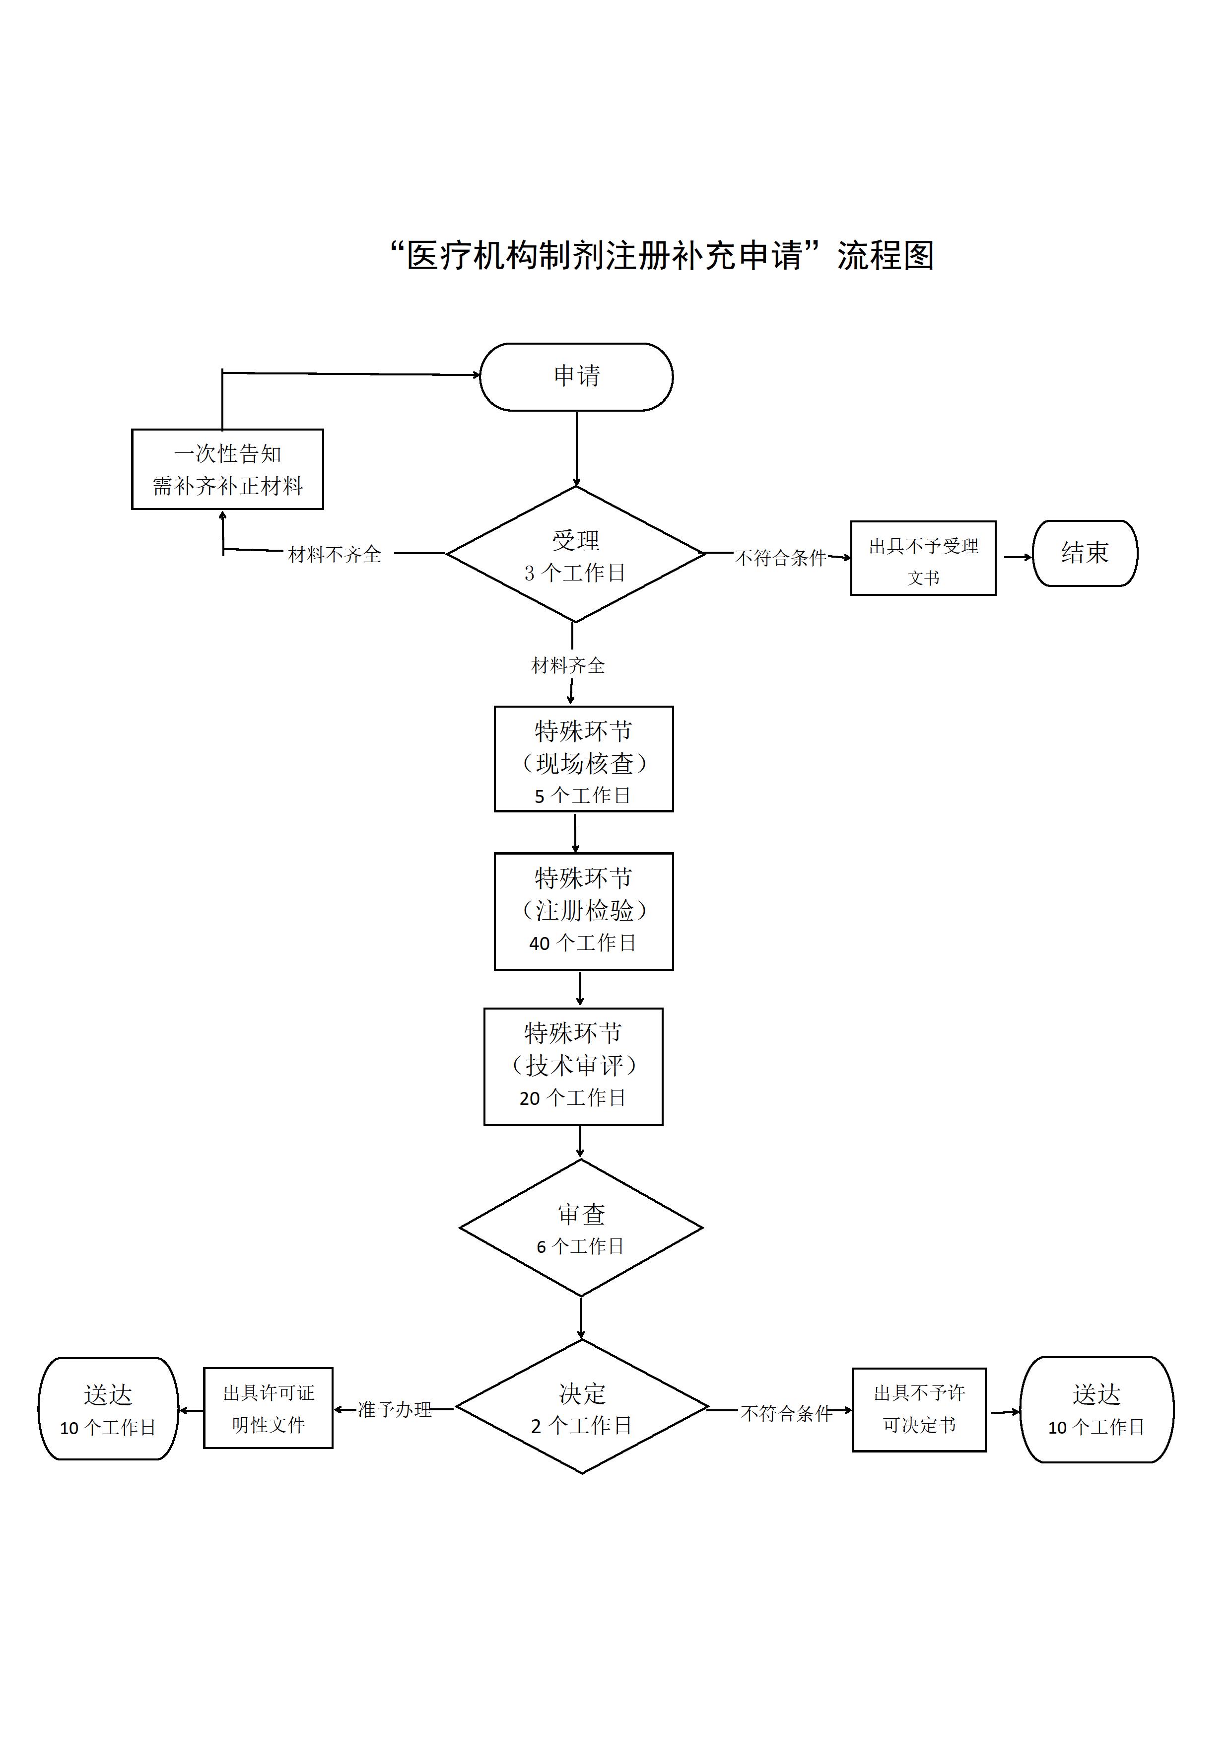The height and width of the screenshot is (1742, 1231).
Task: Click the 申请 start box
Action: [x=576, y=376]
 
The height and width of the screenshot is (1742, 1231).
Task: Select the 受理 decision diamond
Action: [x=576, y=555]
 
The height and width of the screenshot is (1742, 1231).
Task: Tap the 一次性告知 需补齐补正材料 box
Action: [x=227, y=469]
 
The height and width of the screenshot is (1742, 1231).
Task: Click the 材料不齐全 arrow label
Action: [x=335, y=555]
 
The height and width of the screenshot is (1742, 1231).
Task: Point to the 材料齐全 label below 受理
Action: [x=568, y=665]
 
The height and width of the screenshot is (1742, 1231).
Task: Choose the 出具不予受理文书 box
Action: [x=923, y=559]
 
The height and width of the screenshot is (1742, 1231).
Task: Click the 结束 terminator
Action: [x=1085, y=553]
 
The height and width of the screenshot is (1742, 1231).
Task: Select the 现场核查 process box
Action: [x=583, y=759]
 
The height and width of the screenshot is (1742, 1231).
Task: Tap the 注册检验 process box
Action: [x=583, y=911]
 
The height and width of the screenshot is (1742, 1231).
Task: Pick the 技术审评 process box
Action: [x=573, y=1066]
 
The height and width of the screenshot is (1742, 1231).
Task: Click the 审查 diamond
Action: [x=581, y=1228]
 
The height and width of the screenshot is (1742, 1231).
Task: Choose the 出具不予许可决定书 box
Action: [x=919, y=1410]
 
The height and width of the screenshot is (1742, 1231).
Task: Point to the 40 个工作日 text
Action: [x=583, y=943]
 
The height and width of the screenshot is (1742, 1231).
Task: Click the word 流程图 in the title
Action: [x=885, y=256]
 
